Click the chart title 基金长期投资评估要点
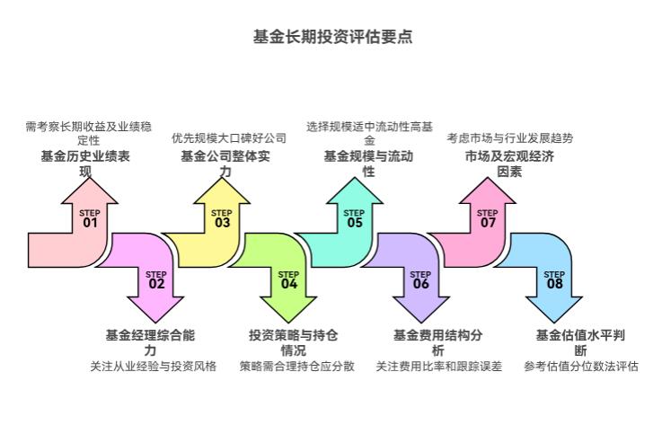click(x=334, y=37)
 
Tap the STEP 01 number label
click(x=89, y=218)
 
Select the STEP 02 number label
click(x=156, y=279)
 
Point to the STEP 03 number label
click(x=222, y=218)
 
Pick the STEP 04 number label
click(x=288, y=279)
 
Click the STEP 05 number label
click(x=355, y=218)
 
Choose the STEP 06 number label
click(x=421, y=279)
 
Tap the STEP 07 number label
click(x=488, y=218)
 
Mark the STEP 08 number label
click(x=554, y=279)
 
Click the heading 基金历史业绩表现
click(x=86, y=164)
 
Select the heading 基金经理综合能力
click(x=150, y=342)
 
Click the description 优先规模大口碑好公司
click(x=229, y=138)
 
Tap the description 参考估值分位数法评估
click(x=581, y=367)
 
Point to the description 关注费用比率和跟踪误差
click(x=438, y=367)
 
